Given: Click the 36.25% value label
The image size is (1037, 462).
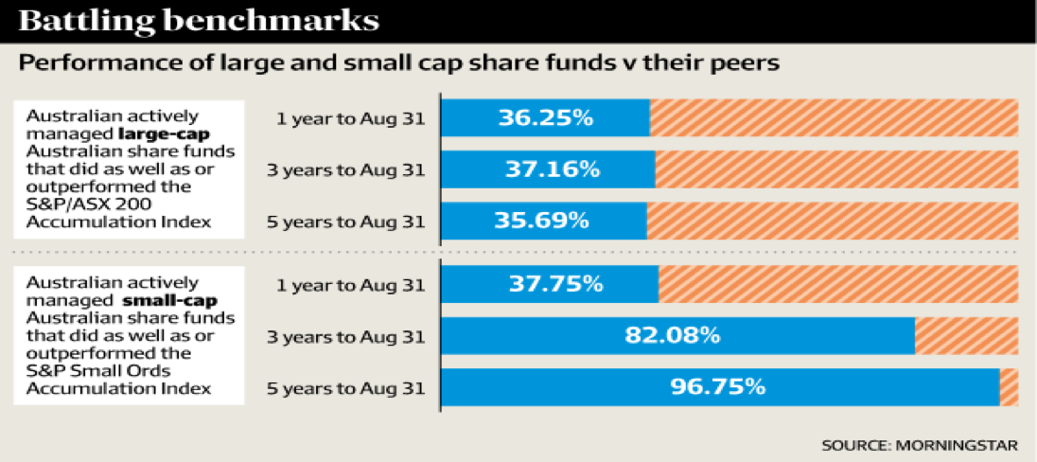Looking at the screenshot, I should pos(547,118).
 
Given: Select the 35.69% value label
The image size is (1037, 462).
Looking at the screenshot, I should pos(542,221).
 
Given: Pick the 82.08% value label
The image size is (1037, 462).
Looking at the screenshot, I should pos(673,335).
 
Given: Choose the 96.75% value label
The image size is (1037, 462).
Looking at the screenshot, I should pos(716,386).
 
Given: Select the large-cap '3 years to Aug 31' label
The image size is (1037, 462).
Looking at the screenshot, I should pos(347,170).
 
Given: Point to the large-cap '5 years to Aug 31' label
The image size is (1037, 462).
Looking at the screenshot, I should pos(347,222).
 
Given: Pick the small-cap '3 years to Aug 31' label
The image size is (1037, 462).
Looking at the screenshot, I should pos(347,336).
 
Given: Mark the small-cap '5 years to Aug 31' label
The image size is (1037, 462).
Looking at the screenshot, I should pos(347,387).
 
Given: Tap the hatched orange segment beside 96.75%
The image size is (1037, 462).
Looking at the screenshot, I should pos(1009,386).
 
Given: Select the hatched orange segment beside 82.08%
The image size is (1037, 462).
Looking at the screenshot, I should pos(966,335).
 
